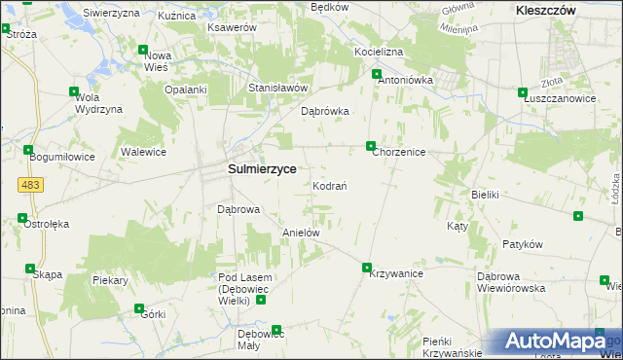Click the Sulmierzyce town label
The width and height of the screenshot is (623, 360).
click(262, 168)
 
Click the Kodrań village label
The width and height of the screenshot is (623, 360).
click(330, 185)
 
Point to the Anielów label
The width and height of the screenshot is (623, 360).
click(301, 234)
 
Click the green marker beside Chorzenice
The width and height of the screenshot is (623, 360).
click(371, 147)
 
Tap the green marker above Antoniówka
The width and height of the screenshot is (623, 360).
click(377, 74)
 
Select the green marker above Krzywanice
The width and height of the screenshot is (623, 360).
click(367, 268)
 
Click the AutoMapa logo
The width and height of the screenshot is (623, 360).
click(556, 342)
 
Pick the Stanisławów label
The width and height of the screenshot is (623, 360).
click(277, 88)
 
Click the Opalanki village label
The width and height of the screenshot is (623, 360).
click(186, 90)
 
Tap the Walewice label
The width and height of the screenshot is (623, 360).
click(143, 152)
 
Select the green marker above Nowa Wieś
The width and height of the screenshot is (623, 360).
click(143, 51)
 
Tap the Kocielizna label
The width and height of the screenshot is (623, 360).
click(379, 50)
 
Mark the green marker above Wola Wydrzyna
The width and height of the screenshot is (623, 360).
click(74, 92)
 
